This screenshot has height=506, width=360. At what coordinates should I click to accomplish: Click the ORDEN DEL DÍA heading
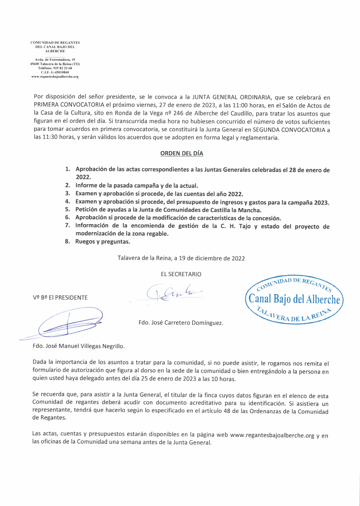181,153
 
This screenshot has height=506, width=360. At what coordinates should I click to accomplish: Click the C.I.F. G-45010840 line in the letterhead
55,72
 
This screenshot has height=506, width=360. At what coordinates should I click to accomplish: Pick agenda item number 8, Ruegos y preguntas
103,242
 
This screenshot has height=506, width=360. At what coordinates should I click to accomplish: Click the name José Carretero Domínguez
181,323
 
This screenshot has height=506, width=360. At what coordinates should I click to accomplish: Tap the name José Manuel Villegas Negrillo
79,346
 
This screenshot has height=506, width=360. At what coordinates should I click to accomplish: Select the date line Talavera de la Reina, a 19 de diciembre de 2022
181,258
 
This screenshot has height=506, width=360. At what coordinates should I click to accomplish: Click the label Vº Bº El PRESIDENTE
60,298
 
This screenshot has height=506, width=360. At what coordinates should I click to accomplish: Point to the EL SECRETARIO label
181,274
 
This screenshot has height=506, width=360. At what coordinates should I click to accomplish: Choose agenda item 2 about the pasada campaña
137,185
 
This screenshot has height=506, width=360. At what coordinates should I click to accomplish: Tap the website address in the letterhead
55,77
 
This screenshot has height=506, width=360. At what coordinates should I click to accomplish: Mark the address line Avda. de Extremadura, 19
55,59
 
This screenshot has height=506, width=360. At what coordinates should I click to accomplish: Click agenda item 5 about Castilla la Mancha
168,210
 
